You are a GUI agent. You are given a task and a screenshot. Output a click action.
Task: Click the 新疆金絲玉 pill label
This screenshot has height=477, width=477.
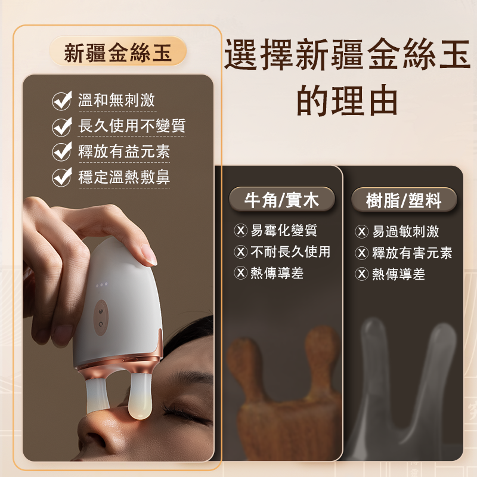[117, 51]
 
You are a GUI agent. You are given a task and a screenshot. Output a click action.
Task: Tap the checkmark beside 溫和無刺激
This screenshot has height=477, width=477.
[62, 100]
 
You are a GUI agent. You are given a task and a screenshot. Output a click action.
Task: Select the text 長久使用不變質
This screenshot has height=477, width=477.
[132, 125]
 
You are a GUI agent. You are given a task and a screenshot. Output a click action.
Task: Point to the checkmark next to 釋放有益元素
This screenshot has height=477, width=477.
[62, 151]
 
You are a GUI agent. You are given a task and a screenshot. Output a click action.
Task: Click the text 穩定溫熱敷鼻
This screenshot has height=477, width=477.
[124, 177]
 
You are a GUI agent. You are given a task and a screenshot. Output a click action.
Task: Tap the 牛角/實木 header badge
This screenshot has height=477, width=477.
[281, 200]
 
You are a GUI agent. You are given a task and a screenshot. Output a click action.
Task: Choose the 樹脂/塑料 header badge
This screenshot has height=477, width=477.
[404, 200]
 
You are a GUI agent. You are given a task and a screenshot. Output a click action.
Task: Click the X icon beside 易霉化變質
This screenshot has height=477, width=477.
[240, 230]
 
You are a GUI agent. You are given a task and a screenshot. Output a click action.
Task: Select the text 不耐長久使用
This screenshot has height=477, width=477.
[290, 252]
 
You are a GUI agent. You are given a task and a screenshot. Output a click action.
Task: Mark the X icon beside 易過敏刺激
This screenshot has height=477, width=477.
[362, 231]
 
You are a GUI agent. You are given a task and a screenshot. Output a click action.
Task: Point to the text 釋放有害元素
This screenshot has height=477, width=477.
[412, 253]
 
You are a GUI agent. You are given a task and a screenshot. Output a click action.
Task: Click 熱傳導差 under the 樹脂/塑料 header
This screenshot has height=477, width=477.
[398, 274]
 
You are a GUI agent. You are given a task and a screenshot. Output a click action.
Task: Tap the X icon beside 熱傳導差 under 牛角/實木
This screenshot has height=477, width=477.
[240, 273]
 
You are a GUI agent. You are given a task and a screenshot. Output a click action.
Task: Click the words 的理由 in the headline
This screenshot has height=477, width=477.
[347, 100]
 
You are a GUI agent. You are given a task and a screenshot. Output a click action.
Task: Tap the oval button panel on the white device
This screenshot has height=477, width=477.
[101, 318]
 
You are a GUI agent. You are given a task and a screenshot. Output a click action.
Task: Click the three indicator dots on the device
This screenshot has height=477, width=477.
[101, 285]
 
